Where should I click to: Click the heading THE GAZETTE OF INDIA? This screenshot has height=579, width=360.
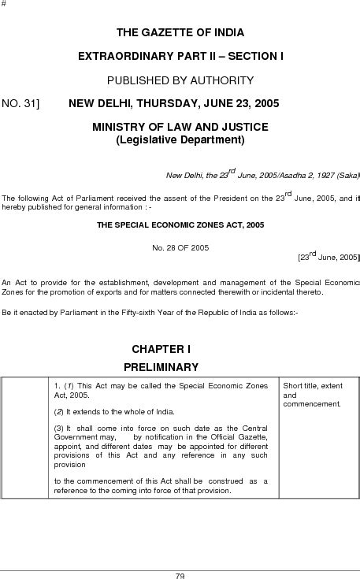point(180,32)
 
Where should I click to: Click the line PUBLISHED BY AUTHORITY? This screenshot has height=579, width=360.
point(180,80)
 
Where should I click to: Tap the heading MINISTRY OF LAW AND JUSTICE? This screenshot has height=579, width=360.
point(180,128)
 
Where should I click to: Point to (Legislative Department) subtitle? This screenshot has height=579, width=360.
point(180,140)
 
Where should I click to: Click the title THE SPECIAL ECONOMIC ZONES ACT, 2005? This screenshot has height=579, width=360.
point(180,225)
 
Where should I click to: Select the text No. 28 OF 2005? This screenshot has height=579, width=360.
point(180,248)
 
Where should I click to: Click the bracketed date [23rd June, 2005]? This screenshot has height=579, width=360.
point(328,257)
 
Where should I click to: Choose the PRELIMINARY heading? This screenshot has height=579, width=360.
point(161,366)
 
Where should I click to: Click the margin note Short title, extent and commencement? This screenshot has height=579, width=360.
point(313,394)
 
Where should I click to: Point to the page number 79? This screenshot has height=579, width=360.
point(180,575)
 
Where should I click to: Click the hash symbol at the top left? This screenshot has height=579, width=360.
point(4,5)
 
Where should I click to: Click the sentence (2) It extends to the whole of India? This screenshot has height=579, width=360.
point(114,412)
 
